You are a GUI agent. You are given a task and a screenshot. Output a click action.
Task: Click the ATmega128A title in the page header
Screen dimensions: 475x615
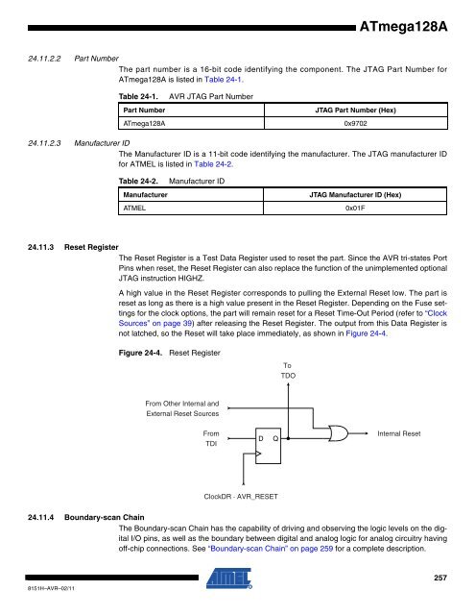click(403, 27)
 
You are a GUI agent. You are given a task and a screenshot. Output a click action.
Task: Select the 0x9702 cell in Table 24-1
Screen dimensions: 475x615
click(356, 124)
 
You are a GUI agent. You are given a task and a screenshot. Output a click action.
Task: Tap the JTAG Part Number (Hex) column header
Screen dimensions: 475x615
click(356, 111)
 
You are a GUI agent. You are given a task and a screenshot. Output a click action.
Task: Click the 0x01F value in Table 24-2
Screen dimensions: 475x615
click(355, 209)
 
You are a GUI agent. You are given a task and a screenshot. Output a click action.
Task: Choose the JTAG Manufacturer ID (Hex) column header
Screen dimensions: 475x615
click(355, 195)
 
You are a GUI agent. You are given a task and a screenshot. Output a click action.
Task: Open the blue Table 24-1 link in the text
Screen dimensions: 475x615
click(224, 80)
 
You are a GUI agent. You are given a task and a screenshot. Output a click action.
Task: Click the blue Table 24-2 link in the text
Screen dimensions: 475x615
click(213, 164)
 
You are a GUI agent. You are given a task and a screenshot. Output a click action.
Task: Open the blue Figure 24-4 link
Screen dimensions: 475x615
click(367, 333)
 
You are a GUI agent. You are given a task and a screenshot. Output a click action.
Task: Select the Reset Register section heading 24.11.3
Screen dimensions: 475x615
click(73, 247)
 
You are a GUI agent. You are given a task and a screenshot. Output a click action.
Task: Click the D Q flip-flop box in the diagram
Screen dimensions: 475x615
click(269, 446)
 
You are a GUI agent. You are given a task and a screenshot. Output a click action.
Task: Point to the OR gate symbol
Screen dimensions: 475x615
click(339, 433)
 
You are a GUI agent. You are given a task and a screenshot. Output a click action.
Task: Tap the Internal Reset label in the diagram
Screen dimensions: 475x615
click(399, 433)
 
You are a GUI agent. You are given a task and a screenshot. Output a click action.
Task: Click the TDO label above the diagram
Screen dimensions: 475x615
click(288, 376)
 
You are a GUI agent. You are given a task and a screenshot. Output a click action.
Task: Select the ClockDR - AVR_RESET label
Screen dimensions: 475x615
click(241, 497)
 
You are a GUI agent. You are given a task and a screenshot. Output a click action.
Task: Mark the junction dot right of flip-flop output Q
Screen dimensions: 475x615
click(288, 438)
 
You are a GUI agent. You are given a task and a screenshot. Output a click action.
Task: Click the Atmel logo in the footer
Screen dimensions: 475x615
click(229, 578)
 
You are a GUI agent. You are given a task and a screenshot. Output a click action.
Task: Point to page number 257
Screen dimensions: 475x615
click(440, 578)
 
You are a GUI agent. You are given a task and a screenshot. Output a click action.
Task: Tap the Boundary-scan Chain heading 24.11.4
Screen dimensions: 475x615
click(86, 517)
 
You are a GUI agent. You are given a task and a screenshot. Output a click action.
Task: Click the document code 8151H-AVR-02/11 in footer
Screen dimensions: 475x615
click(51, 588)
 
